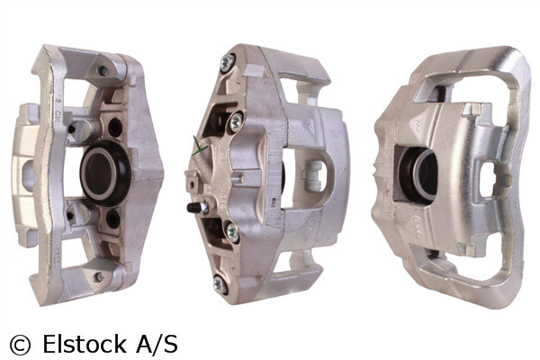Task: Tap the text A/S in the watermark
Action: tap(155, 343)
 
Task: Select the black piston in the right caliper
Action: tap(416, 173)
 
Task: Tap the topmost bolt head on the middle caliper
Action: tap(229, 61)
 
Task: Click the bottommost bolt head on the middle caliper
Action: tap(220, 284)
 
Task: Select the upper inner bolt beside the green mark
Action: tap(236, 120)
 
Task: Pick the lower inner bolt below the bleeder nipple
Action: tap(231, 232)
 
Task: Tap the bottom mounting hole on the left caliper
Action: tap(97, 277)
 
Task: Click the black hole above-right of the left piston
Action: tap(113, 126)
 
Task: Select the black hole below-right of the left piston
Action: tap(112, 219)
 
